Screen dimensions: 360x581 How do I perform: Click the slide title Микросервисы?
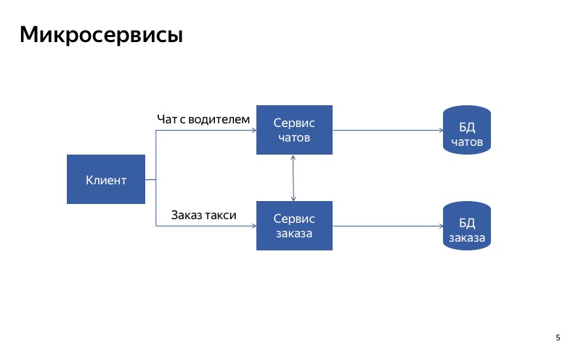pyautogui.click(x=101, y=34)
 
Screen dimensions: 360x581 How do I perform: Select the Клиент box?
pyautogui.click(x=106, y=180)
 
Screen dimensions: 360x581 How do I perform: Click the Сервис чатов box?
pyautogui.click(x=294, y=130)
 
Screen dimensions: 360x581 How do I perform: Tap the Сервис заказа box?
pyautogui.click(x=294, y=226)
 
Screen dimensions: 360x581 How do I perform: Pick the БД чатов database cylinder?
pyautogui.click(x=466, y=131)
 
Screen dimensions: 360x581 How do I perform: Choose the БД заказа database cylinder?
pyautogui.click(x=466, y=226)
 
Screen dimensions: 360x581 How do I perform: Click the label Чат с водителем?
pyautogui.click(x=203, y=118)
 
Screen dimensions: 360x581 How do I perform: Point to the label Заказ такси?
pyautogui.click(x=204, y=215)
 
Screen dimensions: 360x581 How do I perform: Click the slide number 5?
pyautogui.click(x=558, y=337)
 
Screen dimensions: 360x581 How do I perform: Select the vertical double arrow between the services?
pyautogui.click(x=293, y=178)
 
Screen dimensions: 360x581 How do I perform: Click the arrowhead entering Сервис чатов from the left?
pyautogui.click(x=253, y=131)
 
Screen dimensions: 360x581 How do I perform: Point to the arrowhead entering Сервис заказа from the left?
pyautogui.click(x=253, y=226)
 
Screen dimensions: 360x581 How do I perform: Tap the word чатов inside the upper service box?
pyautogui.click(x=294, y=137)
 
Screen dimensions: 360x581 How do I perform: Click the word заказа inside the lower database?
pyautogui.click(x=466, y=237)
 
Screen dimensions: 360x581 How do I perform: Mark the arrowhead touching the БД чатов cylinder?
pyautogui.click(x=440, y=131)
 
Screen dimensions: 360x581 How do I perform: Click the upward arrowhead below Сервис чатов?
pyautogui.click(x=293, y=158)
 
